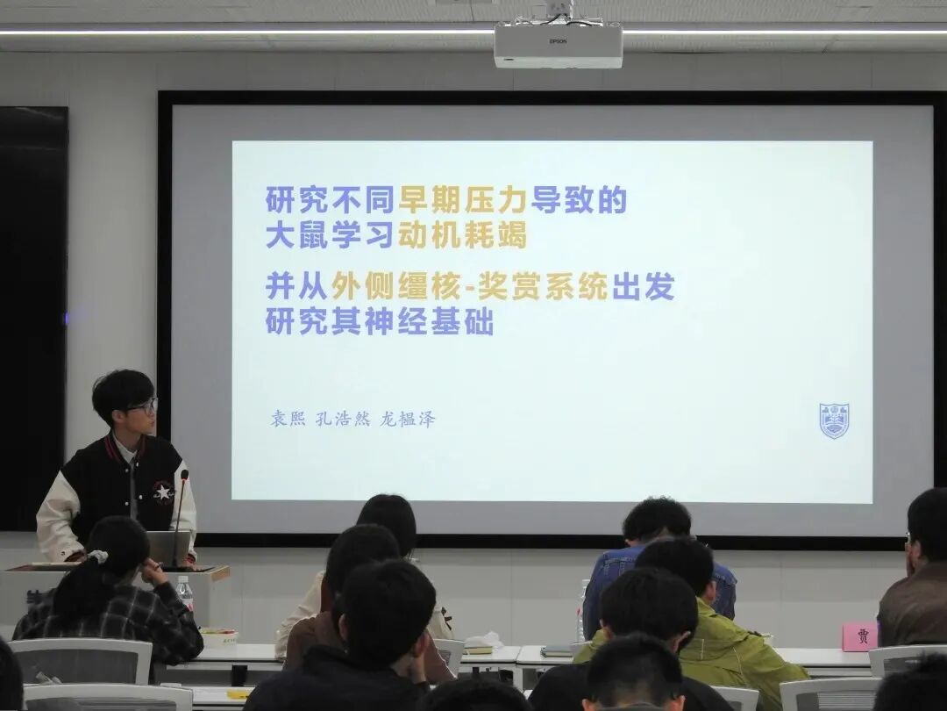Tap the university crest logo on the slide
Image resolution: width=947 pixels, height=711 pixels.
834,420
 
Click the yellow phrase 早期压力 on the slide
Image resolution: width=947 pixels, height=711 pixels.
462,200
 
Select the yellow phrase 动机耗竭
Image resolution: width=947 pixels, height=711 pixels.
462,235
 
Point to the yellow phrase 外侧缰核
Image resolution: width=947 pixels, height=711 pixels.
396,286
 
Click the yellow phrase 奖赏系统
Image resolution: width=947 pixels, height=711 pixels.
543,286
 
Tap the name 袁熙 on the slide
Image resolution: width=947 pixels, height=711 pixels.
288,419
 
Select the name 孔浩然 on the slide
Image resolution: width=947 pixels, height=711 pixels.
343,419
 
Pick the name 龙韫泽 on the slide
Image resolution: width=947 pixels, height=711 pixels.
407,419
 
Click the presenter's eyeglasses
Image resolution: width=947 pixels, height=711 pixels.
144,406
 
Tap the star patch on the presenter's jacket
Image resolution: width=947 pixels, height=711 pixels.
162,491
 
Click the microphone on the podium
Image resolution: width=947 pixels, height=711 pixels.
180,518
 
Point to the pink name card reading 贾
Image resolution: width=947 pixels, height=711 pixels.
859,636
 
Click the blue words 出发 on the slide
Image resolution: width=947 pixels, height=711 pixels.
643,286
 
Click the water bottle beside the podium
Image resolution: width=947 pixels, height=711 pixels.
185,593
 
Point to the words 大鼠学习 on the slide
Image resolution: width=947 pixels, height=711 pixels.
331,235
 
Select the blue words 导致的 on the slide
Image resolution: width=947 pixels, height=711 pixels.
579,200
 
